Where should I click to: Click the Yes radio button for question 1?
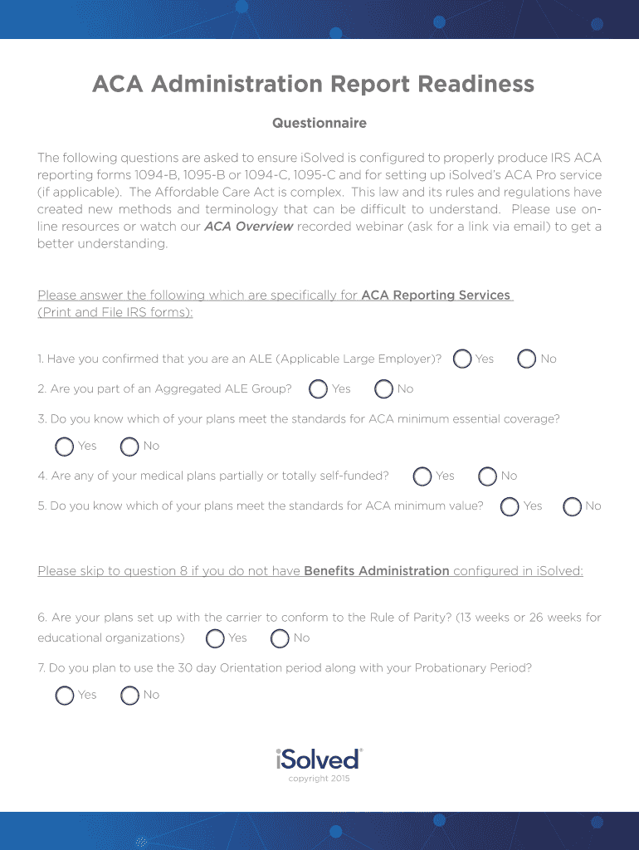pyautogui.click(x=462, y=359)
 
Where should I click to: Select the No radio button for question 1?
pyautogui.click(x=526, y=359)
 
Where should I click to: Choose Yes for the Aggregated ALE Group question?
pyautogui.click(x=318, y=388)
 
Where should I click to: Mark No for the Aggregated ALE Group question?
pyautogui.click(x=383, y=388)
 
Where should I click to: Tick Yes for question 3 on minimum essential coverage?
pyautogui.click(x=64, y=447)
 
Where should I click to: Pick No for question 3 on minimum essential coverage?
pyautogui.click(x=129, y=447)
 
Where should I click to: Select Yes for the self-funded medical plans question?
pyautogui.click(x=422, y=476)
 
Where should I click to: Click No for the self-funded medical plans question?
pyautogui.click(x=487, y=476)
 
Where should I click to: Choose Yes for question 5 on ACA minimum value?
pyautogui.click(x=510, y=506)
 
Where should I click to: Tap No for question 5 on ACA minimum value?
pyautogui.click(x=572, y=506)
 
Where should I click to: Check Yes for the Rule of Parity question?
pyautogui.click(x=215, y=637)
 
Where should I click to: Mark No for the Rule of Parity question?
pyautogui.click(x=280, y=637)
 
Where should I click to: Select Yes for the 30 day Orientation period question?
pyautogui.click(x=64, y=696)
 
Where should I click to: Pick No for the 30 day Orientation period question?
pyautogui.click(x=129, y=696)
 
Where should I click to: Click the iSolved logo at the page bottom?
pyautogui.click(x=319, y=759)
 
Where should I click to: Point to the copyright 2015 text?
pyautogui.click(x=319, y=779)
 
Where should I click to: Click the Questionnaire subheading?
pyautogui.click(x=319, y=123)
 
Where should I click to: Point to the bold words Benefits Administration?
pyautogui.click(x=377, y=571)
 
